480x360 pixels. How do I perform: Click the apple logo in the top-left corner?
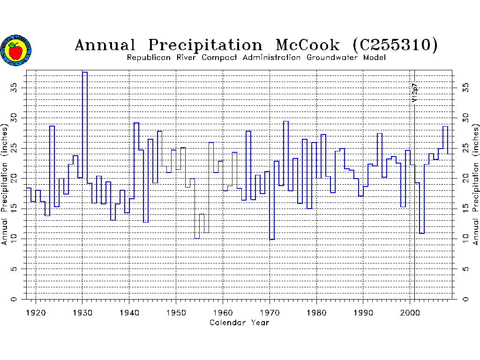[16, 50]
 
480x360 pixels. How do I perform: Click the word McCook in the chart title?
[307, 45]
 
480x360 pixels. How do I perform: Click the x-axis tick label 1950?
[176, 312]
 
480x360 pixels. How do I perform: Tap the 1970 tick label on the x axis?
[270, 312]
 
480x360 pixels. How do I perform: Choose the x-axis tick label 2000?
[410, 312]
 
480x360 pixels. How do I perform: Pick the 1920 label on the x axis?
[36, 312]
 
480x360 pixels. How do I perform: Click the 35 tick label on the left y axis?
[15, 87]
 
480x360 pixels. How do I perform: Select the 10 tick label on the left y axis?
[15, 239]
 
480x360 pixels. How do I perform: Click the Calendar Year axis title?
[239, 322]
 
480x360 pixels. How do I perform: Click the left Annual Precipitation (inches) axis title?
[5, 184]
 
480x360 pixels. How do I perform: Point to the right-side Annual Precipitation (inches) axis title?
[475, 184]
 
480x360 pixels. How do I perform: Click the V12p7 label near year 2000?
[414, 93]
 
